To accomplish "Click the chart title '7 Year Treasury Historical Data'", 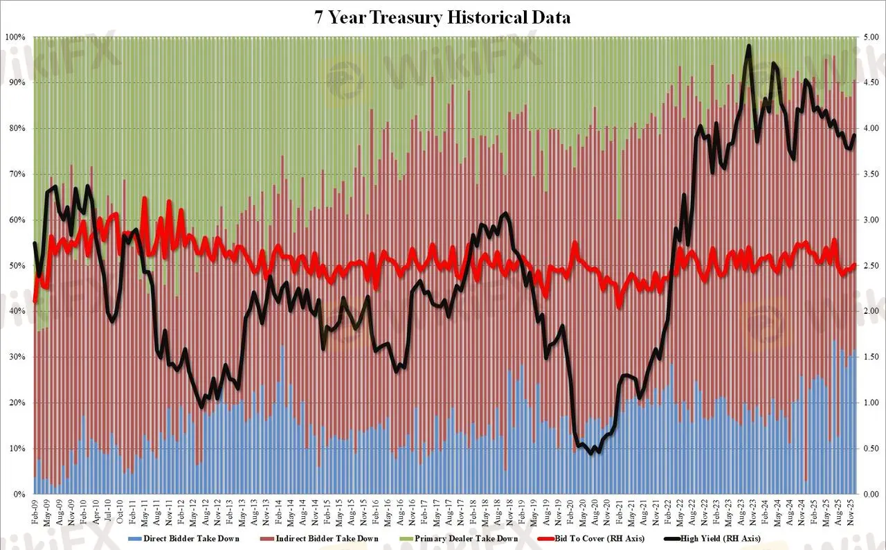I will pos(443,17).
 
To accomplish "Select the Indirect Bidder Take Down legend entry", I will pos(328,538).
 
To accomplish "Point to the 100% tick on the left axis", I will pos(16,37).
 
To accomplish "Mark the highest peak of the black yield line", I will pos(748,46).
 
